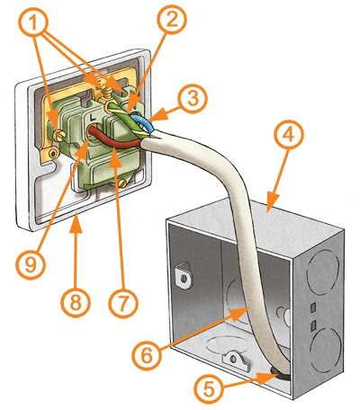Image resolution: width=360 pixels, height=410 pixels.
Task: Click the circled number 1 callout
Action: tap(33, 22)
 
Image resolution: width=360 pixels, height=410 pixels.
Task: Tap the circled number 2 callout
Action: tap(172, 21)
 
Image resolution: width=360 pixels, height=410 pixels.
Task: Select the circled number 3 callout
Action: tap(193, 99)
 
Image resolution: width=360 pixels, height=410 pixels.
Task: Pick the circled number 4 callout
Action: tap(289, 136)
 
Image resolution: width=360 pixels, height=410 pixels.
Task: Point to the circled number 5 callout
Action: tap(209, 388)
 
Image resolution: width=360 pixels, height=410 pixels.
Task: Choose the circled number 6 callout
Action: tap(147, 356)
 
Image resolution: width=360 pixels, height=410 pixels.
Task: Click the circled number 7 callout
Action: tap(123, 303)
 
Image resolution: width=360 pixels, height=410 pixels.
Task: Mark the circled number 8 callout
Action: tap(76, 303)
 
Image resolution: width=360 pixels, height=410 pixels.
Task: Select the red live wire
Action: tap(115, 138)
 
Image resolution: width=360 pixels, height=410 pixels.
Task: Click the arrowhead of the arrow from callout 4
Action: tap(271, 204)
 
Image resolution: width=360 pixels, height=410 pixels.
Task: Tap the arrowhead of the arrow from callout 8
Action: tap(76, 224)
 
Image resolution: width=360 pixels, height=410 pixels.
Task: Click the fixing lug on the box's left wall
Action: tap(183, 276)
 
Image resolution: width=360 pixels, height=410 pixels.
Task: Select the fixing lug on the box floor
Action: tap(235, 361)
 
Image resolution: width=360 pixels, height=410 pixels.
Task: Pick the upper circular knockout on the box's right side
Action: tap(323, 272)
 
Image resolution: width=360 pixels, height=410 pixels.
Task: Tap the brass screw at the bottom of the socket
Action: tap(122, 183)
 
